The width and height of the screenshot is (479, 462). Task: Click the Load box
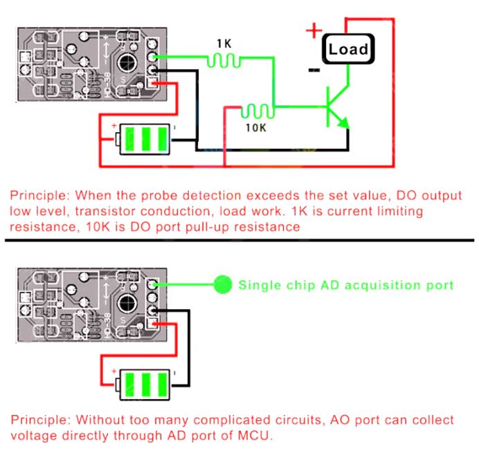click(x=348, y=49)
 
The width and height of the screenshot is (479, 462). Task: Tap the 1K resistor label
click(x=224, y=44)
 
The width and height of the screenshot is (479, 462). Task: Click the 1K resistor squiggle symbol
click(x=224, y=61)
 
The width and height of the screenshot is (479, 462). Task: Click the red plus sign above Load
click(x=314, y=30)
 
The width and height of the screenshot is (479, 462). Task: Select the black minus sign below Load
click(x=314, y=69)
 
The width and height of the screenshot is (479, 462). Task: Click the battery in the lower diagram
click(x=144, y=382)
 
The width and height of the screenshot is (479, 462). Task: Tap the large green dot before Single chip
click(x=222, y=284)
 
